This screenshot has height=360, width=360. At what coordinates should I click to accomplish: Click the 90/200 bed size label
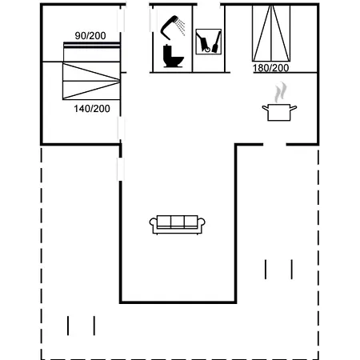coord(90,36)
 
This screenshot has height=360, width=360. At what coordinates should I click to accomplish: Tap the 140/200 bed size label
coord(92,109)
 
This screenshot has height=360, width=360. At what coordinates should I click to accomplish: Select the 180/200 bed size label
coord(270,68)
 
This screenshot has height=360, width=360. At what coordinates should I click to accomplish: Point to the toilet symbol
coord(173,56)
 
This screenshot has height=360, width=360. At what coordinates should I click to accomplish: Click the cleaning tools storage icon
coord(209,42)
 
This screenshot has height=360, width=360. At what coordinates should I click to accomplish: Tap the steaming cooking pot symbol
coord(279,102)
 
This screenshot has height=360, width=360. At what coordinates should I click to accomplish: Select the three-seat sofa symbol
coord(177,225)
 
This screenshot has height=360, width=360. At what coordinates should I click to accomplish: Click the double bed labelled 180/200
coord(271,34)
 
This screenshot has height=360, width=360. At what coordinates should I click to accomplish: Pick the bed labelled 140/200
coord(91,81)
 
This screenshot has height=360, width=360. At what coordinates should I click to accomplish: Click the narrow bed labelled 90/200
coord(92,52)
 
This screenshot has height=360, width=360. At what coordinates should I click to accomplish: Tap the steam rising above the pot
coord(281,92)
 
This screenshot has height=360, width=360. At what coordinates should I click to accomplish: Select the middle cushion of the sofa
coord(178,222)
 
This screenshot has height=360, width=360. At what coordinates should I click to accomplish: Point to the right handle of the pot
coord(294,108)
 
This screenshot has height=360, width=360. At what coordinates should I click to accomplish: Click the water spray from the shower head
coord(181,26)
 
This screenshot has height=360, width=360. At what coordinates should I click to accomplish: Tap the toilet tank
coord(167,50)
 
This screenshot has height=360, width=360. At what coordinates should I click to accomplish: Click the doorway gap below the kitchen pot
coord(274,145)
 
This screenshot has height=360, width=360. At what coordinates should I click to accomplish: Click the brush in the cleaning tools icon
coord(216,42)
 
